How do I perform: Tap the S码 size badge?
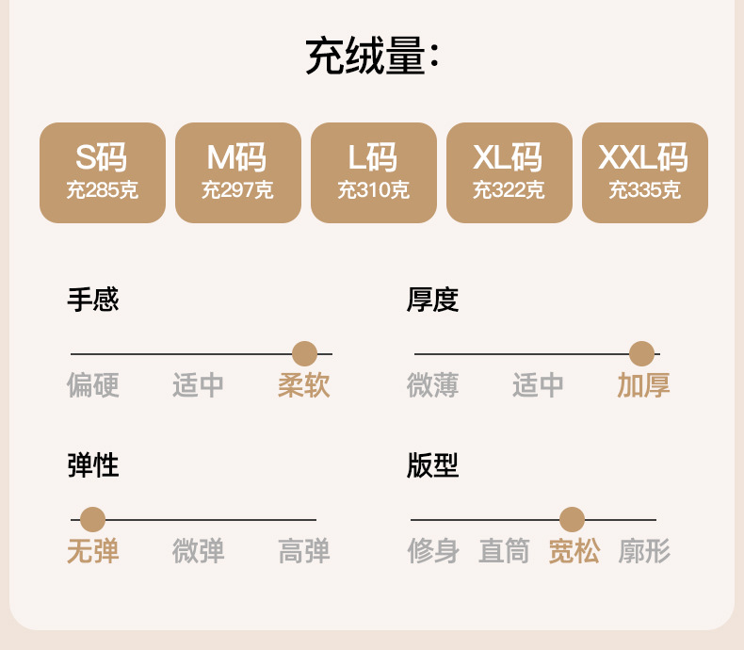coord(103,172)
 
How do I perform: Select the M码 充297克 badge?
coord(238,172)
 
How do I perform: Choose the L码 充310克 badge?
coord(374,172)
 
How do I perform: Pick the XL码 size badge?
coord(509,172)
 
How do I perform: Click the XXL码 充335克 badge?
coord(645,172)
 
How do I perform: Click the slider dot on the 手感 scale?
coord(304,354)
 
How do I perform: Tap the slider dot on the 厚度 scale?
coord(641,354)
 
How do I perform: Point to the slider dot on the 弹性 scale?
coord(92,519)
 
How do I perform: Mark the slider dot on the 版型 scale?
coord(572,519)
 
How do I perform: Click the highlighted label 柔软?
coord(304,385)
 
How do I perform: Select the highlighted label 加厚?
coord(643,385)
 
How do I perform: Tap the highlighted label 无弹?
coord(92,551)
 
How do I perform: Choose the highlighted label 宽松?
coord(574,551)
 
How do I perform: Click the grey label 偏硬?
coord(92,385)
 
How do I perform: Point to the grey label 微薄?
coord(432,385)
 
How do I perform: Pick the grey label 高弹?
coord(304,551)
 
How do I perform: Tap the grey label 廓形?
coord(644,551)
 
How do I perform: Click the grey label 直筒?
coord(504,551)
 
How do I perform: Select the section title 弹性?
coord(92,465)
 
